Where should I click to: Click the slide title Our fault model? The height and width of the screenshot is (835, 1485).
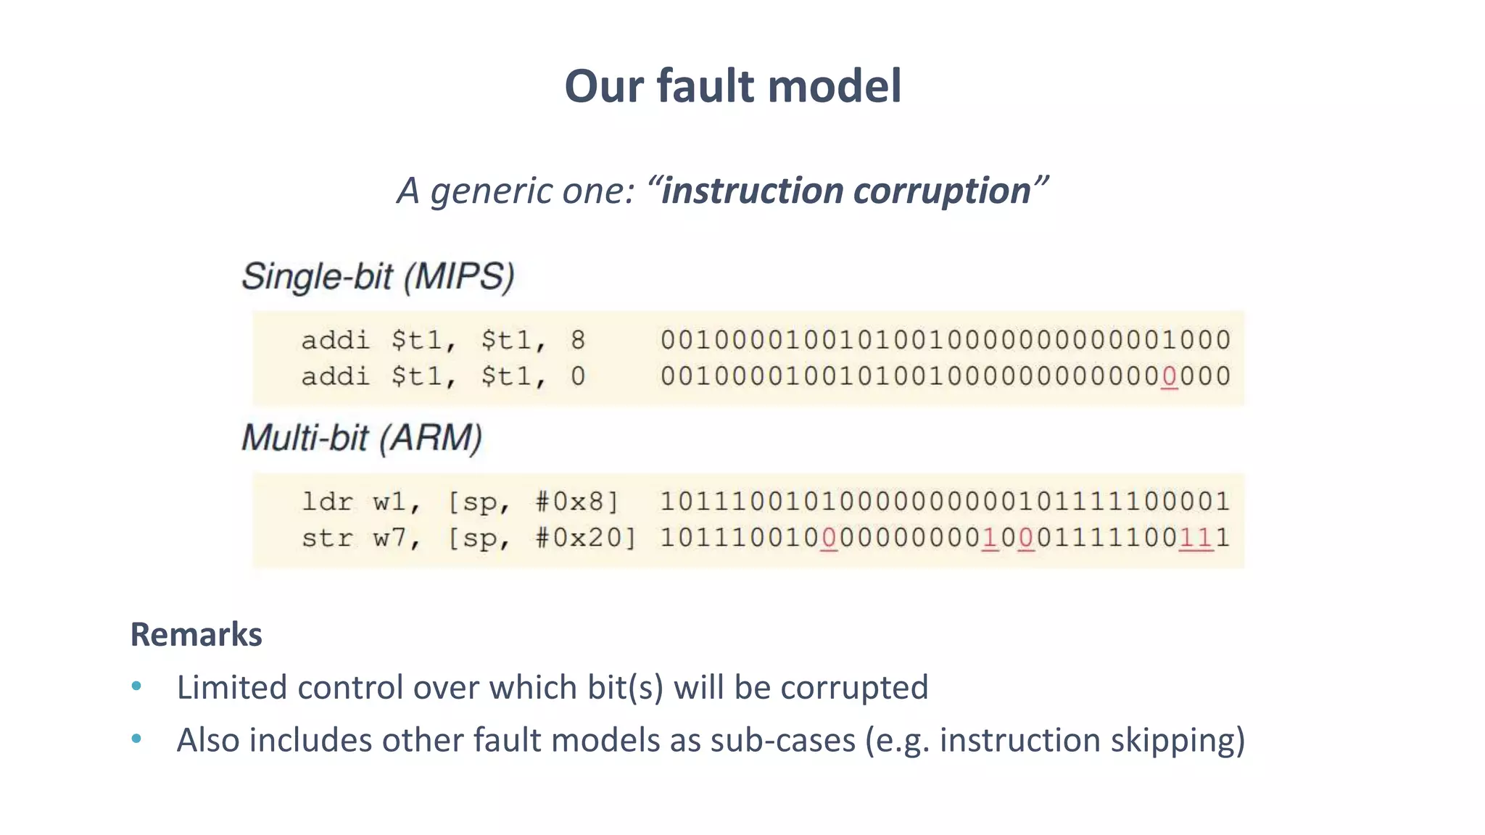732,86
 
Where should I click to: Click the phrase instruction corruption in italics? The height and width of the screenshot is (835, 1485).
845,191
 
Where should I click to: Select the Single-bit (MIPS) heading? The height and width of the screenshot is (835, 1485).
378,277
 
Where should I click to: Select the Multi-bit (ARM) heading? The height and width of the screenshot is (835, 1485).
362,439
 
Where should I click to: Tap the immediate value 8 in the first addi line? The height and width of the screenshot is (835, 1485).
577,340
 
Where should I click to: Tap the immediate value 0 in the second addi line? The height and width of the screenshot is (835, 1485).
577,376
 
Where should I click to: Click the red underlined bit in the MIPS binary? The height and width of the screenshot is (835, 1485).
1169,377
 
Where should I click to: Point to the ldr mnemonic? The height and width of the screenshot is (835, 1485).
326,502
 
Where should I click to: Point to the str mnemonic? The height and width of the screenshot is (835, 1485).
326,538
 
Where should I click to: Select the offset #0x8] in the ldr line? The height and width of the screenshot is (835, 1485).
577,502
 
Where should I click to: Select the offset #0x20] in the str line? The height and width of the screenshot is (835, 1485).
585,538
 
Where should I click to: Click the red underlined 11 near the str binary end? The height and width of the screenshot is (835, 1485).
1196,538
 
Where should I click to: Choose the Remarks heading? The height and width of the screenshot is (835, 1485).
196,634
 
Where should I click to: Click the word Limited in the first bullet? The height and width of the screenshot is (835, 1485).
231,687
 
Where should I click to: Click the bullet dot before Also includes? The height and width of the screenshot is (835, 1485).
136,739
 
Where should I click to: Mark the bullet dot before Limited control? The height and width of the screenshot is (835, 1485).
136,686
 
